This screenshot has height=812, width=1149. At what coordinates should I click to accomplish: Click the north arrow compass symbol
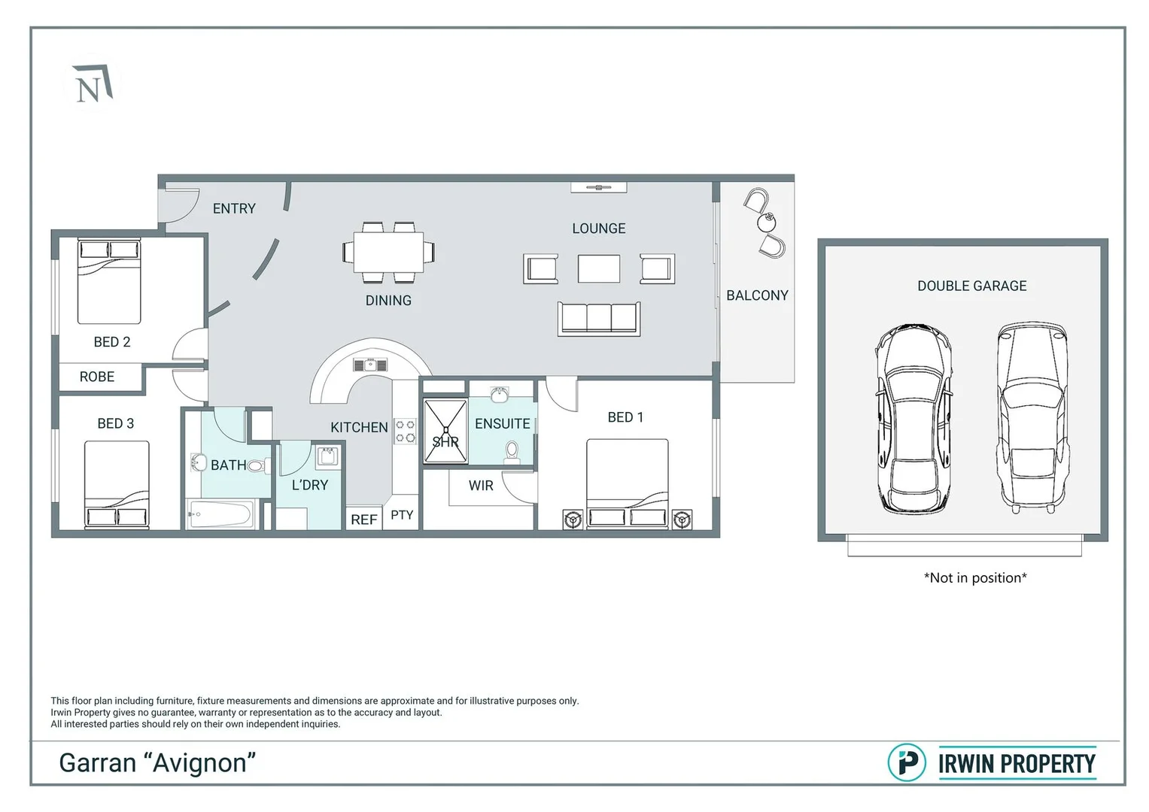[93, 83]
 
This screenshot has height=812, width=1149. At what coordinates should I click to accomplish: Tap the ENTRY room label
[234, 209]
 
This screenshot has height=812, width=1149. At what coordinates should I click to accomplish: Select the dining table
[389, 252]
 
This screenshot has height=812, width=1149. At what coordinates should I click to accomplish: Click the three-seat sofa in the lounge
[599, 319]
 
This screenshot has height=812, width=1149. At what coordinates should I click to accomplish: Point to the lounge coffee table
[599, 268]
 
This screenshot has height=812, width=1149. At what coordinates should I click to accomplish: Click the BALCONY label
[757, 295]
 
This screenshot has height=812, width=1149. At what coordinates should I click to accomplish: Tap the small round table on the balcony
[766, 222]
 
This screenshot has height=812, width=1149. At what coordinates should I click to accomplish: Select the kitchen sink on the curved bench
[370, 365]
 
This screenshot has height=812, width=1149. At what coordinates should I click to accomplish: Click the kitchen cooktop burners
[406, 431]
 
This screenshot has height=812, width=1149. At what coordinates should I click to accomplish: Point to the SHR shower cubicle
[445, 431]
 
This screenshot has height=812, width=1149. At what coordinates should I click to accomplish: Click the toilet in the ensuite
[512, 452]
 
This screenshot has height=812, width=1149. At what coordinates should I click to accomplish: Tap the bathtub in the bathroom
[220, 514]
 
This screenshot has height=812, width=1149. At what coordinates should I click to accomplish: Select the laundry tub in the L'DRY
[327, 456]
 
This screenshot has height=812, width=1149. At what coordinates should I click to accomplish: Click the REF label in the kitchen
[363, 520]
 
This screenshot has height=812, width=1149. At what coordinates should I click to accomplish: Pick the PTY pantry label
[402, 515]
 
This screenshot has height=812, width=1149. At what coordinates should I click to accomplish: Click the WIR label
[481, 486]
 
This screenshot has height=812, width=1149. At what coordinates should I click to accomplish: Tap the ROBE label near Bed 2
[97, 377]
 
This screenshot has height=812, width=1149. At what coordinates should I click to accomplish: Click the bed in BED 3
[117, 485]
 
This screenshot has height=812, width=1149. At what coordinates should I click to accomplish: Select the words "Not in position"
[975, 577]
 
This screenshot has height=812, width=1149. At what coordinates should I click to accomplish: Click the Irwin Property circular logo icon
[907, 763]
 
